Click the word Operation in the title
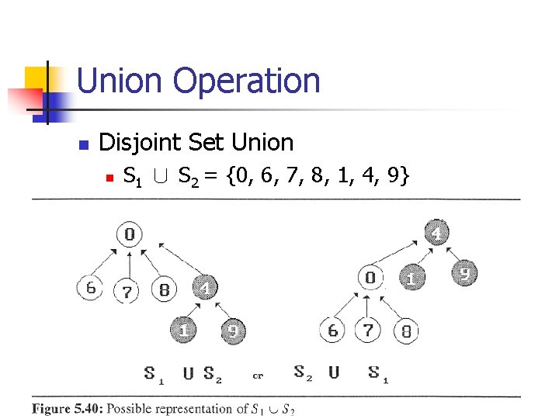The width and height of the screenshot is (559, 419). [246, 81]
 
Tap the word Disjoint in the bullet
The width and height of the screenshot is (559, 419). [134, 143]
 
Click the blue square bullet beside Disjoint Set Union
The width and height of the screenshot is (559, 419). [85, 144]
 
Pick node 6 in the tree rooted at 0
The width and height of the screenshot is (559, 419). [90, 289]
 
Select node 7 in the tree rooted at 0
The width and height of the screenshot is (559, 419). [127, 292]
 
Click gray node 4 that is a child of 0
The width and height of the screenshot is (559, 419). [204, 289]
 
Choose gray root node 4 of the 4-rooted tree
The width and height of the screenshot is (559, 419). [437, 233]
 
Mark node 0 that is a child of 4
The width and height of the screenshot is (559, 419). [371, 277]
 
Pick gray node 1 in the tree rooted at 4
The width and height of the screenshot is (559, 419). [411, 278]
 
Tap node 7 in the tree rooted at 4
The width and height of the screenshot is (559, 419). [368, 331]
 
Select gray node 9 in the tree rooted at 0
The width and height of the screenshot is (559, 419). [233, 331]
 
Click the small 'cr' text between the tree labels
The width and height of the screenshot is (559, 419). [258, 376]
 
